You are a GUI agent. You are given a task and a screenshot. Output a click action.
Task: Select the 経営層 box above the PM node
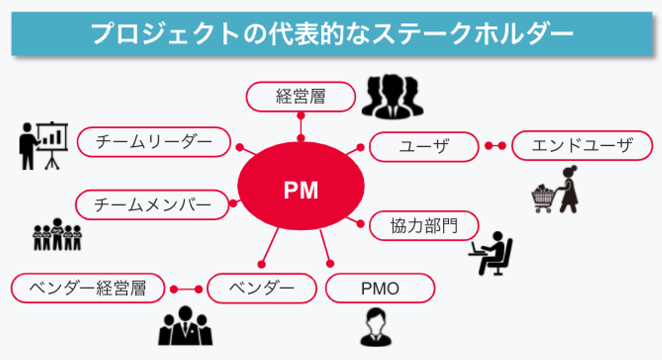click(301, 97)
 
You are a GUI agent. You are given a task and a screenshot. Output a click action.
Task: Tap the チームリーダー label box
click(154, 142)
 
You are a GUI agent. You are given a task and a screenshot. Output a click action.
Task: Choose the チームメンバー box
click(152, 205)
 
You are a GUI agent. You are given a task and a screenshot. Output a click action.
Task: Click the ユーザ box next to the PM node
click(424, 147)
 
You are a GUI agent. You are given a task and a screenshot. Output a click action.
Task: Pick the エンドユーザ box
click(582, 146)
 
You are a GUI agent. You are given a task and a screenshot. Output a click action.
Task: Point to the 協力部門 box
click(424, 226)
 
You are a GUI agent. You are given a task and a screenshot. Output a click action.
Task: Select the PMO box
click(380, 288)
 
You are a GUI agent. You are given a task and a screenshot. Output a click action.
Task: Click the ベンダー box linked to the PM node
click(262, 288)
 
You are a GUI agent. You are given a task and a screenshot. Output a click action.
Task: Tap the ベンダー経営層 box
click(87, 288)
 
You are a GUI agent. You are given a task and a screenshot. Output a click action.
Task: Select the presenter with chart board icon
click(44, 144)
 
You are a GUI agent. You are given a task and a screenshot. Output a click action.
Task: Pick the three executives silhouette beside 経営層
click(392, 97)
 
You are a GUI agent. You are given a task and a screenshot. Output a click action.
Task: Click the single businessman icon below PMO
click(376, 328)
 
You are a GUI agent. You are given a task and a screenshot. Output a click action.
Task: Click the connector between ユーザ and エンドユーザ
click(495, 146)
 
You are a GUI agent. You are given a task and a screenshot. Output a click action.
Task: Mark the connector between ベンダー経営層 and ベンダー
click(186, 289)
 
